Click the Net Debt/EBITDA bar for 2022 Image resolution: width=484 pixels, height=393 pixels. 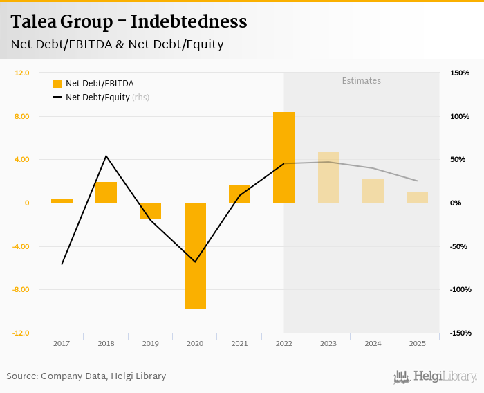[x=283, y=158]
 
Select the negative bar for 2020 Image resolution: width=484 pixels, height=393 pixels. [x=195, y=255]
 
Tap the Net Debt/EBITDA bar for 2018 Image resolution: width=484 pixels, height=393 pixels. [x=106, y=192]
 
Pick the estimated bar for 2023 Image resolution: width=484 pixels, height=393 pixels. [x=328, y=177]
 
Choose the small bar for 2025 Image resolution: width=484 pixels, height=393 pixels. [x=417, y=198]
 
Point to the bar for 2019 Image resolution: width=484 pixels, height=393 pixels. [x=150, y=211]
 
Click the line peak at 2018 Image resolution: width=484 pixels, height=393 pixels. [x=106, y=156]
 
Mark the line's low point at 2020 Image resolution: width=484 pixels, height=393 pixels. [x=195, y=262]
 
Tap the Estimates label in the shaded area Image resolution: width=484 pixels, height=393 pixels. [x=362, y=81]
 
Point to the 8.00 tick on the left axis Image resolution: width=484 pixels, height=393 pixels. [x=21, y=116]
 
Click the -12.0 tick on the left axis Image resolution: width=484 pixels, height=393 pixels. [x=21, y=333]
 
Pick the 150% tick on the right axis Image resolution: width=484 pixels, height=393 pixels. [x=459, y=73]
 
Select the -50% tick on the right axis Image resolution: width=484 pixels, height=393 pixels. [x=459, y=246]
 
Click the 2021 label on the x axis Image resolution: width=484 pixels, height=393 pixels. [x=239, y=343]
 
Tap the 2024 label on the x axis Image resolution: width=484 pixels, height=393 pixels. [x=373, y=343]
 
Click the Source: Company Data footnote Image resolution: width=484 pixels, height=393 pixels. [x=86, y=376]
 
